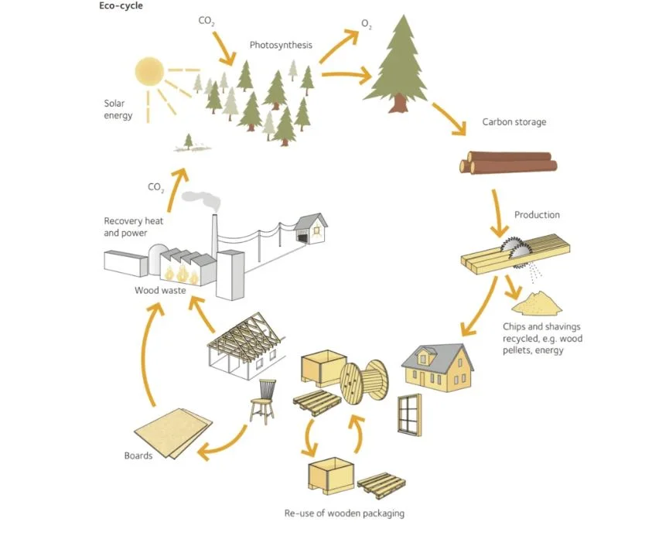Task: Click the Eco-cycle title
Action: pos(121,6)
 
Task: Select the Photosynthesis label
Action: pos(281,45)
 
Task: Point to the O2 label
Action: pos(367,26)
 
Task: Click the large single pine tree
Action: pos(399,64)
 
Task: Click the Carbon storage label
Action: pos(514,122)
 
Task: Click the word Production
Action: pos(537,214)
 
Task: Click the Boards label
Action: pos(138,455)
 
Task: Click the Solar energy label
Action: pos(118,109)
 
